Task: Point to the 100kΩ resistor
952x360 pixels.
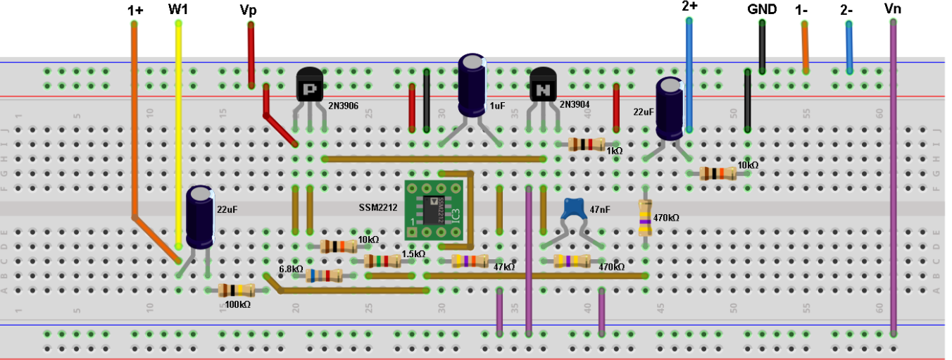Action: pyautogui.click(x=236, y=290)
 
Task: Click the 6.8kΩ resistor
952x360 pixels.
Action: pyautogui.click(x=323, y=275)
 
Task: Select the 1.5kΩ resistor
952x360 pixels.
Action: pyautogui.click(x=382, y=261)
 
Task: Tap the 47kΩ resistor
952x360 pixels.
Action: pyautogui.click(x=469, y=261)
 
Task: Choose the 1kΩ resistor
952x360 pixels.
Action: pyautogui.click(x=587, y=144)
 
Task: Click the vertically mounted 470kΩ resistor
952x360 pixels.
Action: pyautogui.click(x=644, y=217)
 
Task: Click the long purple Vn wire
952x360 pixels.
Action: pyautogui.click(x=893, y=176)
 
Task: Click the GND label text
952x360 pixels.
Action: pyautogui.click(x=762, y=9)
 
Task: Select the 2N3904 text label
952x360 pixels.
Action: pyautogui.click(x=576, y=104)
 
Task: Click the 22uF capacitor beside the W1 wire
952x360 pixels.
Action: pyautogui.click(x=200, y=217)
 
